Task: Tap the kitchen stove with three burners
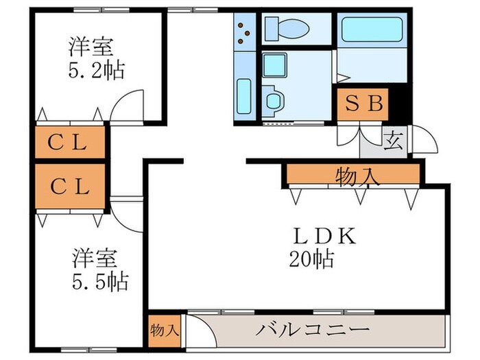pos(243,31)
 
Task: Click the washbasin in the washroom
pos(272,99)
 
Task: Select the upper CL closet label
pos(68,143)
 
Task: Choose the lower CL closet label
pos(68,186)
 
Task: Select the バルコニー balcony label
pos(313,330)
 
